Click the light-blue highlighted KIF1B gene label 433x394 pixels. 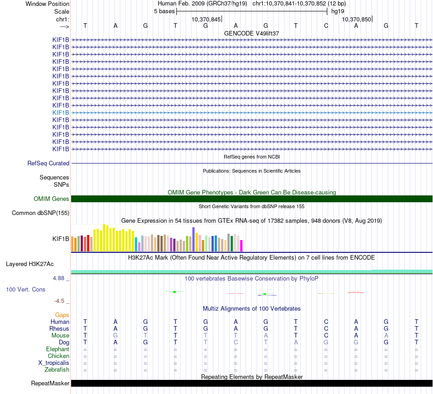click(x=61, y=113)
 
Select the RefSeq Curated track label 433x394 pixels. click(x=48, y=163)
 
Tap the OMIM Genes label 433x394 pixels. click(x=52, y=199)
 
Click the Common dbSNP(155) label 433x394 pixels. click(x=41, y=213)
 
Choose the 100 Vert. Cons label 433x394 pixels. click(x=26, y=289)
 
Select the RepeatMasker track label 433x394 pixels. click(x=50, y=383)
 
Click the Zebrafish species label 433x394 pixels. click(x=57, y=370)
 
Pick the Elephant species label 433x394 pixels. click(x=57, y=349)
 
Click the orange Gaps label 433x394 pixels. click(x=62, y=315)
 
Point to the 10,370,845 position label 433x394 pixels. click(x=206, y=19)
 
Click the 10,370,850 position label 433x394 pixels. click(x=357, y=19)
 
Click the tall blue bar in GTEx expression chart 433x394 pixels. click(x=194, y=239)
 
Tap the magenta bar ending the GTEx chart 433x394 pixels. click(x=242, y=246)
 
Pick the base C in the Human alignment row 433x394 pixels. click(x=326, y=322)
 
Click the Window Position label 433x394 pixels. click(x=47, y=4)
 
